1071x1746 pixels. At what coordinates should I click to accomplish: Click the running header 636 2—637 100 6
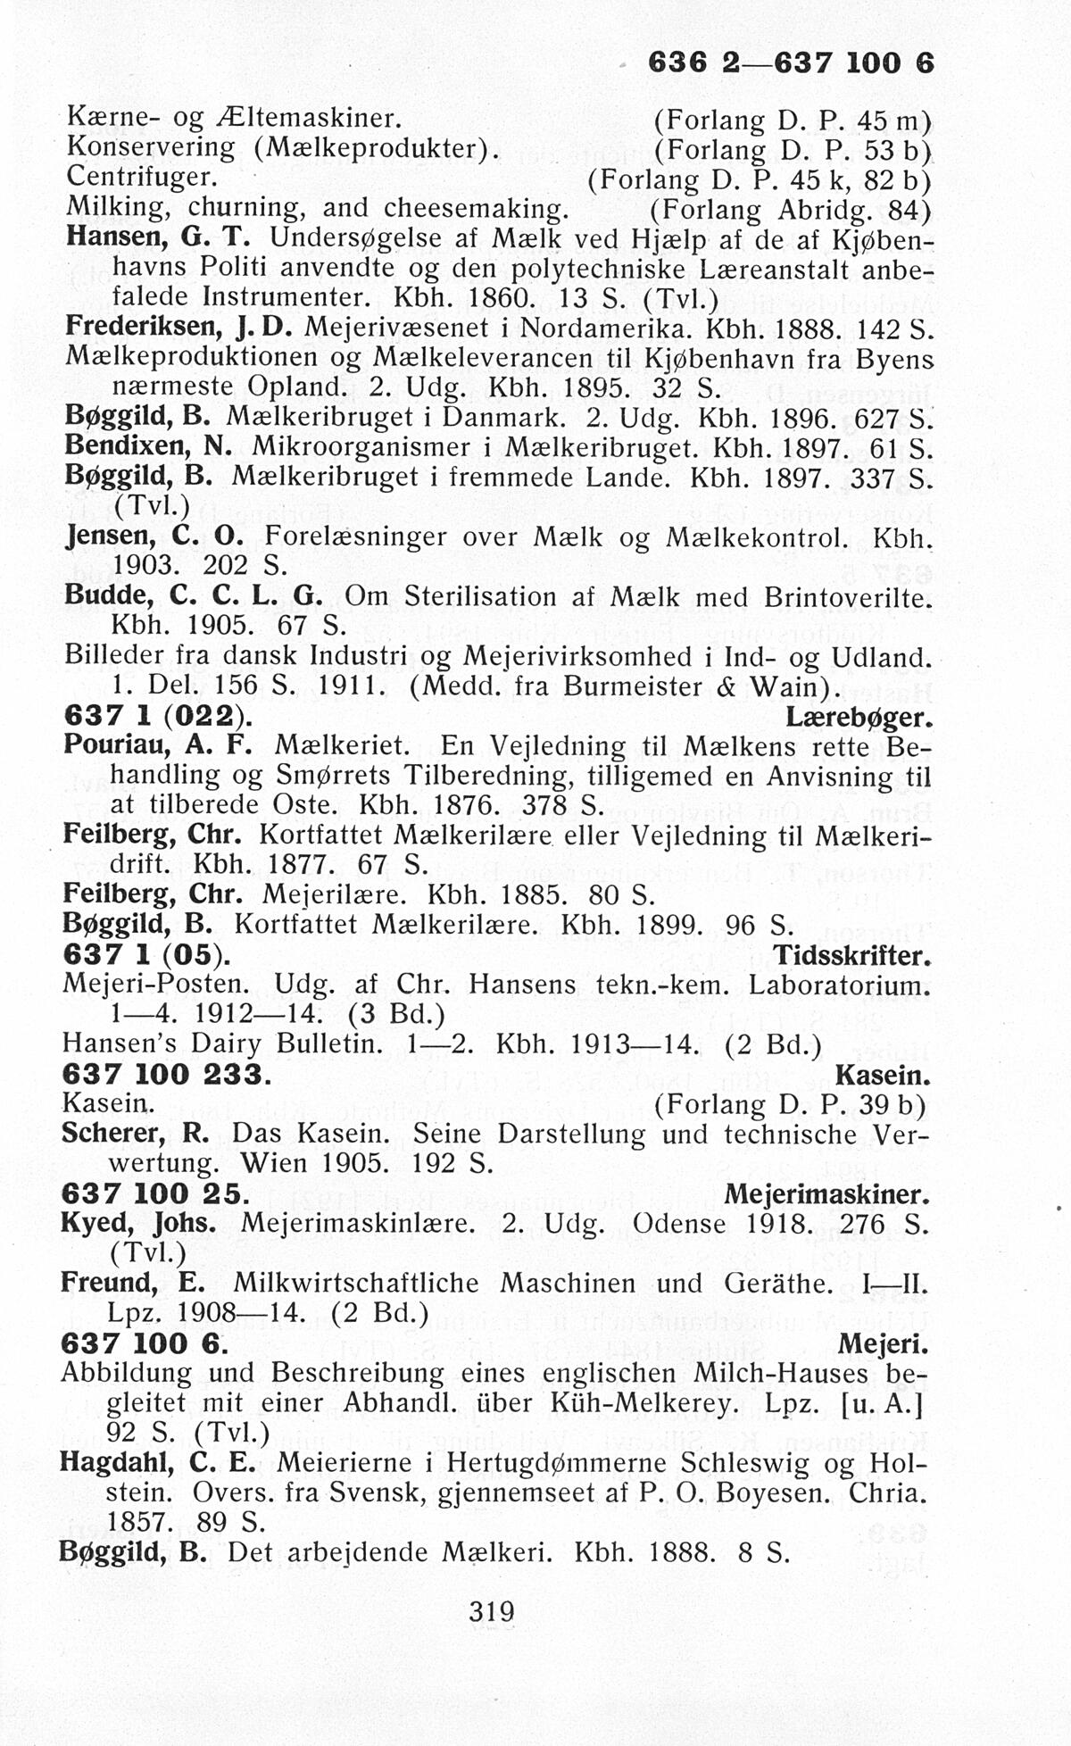click(x=790, y=63)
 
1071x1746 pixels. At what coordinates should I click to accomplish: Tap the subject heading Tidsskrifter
click(x=852, y=957)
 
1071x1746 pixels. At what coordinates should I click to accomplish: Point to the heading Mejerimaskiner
click(x=826, y=1194)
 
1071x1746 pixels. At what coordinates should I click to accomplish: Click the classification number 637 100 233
click(x=164, y=1075)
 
